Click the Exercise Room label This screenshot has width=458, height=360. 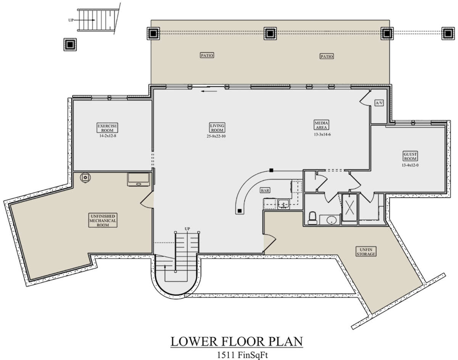click(x=107, y=128)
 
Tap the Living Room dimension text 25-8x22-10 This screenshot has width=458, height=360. click(x=216, y=136)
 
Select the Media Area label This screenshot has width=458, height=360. click(x=321, y=125)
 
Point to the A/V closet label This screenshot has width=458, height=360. click(x=379, y=103)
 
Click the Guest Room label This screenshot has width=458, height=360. click(x=410, y=156)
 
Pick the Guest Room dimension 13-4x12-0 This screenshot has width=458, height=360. click(x=410, y=165)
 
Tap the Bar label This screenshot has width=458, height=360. click(x=265, y=191)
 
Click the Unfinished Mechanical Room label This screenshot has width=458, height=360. click(x=103, y=220)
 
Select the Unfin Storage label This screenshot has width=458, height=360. click(x=366, y=252)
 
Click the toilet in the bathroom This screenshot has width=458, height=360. click(x=313, y=218)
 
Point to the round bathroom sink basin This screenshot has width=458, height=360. click(x=332, y=220)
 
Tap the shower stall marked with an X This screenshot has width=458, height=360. click(x=349, y=208)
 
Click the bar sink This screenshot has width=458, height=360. click(x=283, y=204)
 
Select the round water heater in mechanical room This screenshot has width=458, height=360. click(x=85, y=177)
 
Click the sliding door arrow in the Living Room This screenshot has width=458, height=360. click(x=209, y=92)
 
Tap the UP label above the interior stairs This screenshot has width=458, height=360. click(x=187, y=229)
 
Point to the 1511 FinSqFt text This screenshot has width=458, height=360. click(x=242, y=355)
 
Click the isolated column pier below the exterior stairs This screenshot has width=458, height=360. click(x=70, y=45)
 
